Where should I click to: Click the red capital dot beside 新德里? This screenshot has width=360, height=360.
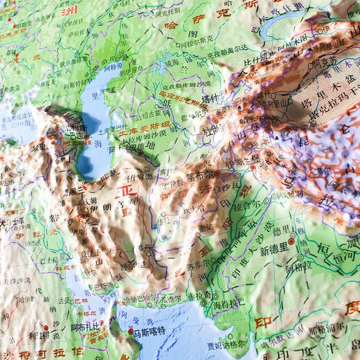[292, 242]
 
